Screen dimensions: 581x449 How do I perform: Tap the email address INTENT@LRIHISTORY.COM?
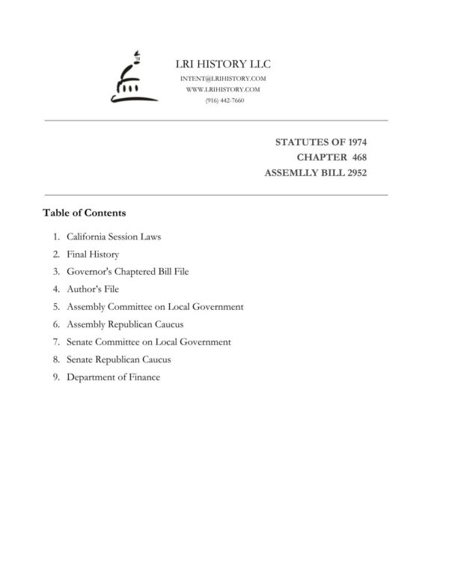click(224, 79)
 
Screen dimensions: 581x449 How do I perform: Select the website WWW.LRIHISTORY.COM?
click(223, 89)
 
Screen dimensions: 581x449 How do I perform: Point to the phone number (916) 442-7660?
click(224, 100)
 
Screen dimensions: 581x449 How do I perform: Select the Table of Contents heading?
click(84, 213)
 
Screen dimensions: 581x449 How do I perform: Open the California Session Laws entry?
click(114, 237)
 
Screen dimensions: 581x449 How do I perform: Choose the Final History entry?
click(93, 255)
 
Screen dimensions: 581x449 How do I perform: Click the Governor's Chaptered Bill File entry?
click(127, 272)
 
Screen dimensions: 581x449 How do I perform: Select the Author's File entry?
click(93, 289)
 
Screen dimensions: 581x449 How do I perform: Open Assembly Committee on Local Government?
click(155, 307)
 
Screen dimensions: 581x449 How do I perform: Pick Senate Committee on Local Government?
click(149, 342)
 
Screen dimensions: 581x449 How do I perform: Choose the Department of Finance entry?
click(113, 377)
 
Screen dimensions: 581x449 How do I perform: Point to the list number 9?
click(55, 377)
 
